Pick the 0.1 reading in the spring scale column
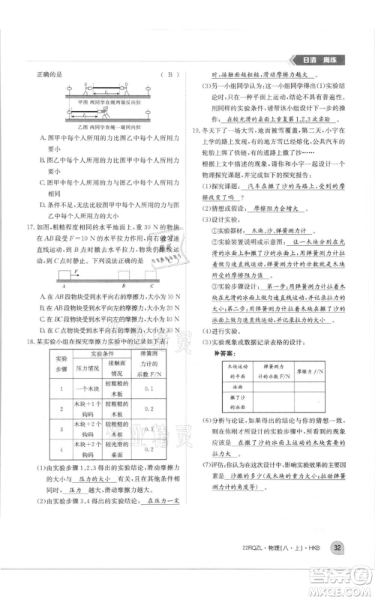(x=148, y=389)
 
